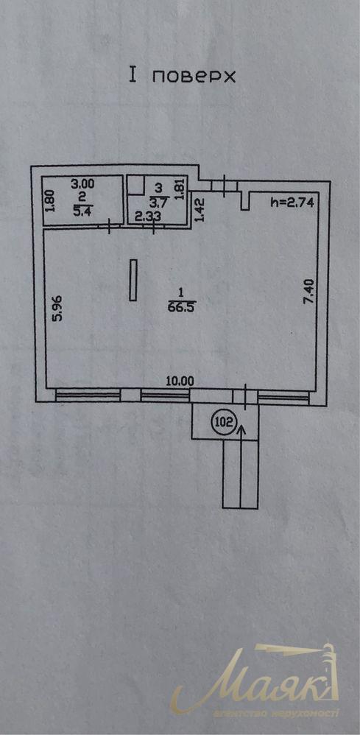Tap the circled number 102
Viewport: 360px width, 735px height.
pos(223,422)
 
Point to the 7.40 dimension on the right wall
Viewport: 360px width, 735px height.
pos(309,294)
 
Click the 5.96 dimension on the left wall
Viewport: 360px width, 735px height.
pos(58,307)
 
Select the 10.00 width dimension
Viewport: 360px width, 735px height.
pos(180,381)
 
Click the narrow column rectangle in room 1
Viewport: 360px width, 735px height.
pos(133,280)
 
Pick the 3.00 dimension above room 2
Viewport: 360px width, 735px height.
pos(82,183)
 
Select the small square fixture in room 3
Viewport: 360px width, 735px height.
pos(135,186)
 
